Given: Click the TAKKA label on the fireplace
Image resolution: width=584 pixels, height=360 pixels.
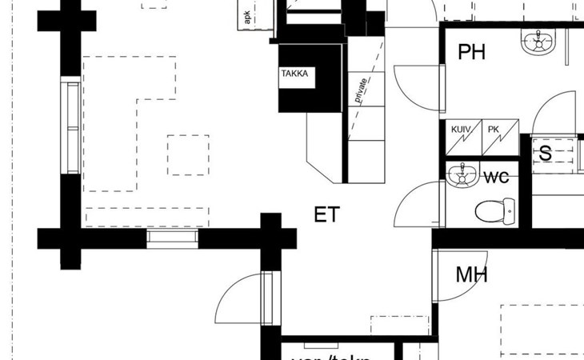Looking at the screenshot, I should [294, 74].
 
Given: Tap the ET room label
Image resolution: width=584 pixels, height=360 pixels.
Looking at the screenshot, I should [326, 214].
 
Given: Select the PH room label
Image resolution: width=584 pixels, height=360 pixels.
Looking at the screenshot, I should [472, 53].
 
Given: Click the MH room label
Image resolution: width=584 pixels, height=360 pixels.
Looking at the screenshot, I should [471, 275].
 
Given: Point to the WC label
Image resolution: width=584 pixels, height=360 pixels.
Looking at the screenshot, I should [496, 176].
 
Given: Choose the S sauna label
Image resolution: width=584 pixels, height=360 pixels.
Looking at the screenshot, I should [545, 154].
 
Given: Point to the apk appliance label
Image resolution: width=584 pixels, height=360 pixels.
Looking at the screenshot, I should [247, 15].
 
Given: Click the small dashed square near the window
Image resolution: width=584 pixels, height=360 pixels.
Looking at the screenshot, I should [188, 154].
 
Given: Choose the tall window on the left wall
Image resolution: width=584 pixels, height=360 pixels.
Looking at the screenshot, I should [73, 127].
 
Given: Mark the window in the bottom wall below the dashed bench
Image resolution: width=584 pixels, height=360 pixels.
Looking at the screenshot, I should [172, 238].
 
